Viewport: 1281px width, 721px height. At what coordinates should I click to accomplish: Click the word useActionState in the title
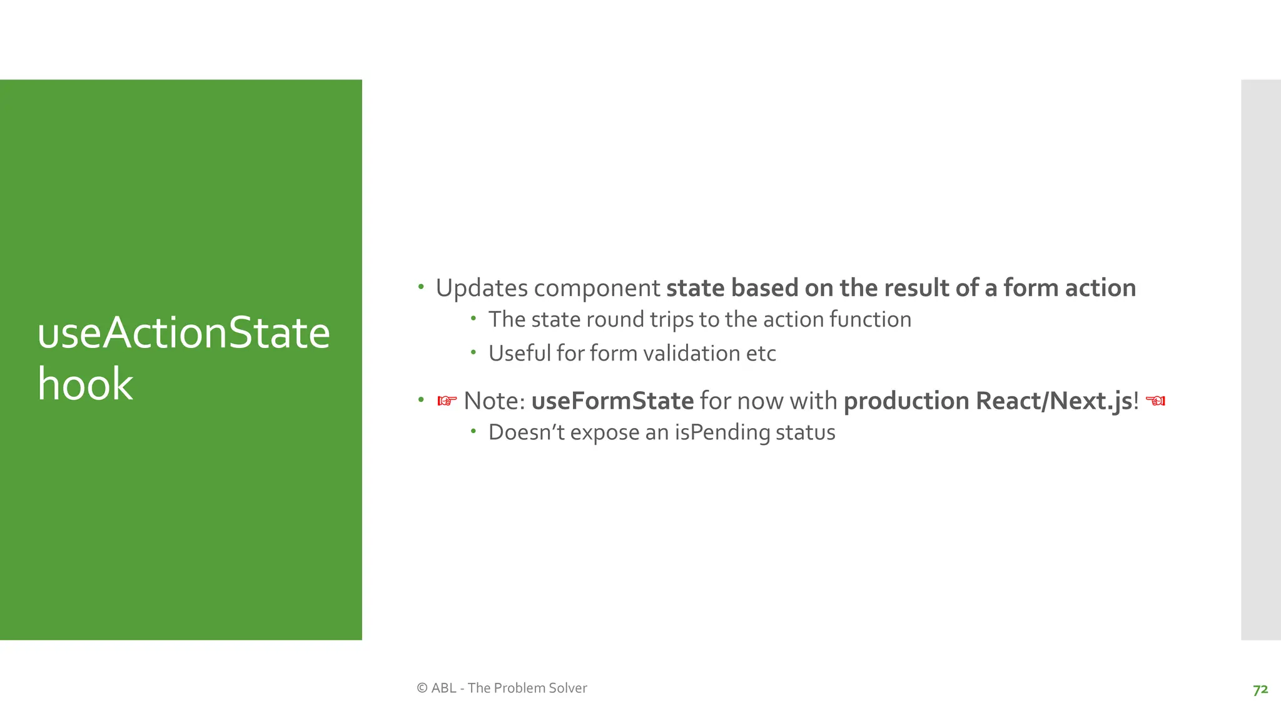pyautogui.click(x=183, y=333)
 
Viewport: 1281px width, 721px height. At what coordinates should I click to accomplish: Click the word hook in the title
pyautogui.click(x=85, y=384)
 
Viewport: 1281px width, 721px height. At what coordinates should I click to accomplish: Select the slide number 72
pyautogui.click(x=1260, y=689)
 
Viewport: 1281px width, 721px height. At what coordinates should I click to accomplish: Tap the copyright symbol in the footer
pyautogui.click(x=422, y=688)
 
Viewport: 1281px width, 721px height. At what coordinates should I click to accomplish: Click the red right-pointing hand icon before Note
pyautogui.click(x=447, y=401)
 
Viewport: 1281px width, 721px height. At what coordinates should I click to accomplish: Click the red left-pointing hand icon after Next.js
pyautogui.click(x=1155, y=401)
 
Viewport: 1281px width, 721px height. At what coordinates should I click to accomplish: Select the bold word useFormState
pyautogui.click(x=612, y=401)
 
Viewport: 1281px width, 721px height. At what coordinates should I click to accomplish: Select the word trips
pyautogui.click(x=672, y=320)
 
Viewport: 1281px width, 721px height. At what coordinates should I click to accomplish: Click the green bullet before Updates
pyautogui.click(x=421, y=287)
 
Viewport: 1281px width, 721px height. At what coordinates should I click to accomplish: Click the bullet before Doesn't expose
pyautogui.click(x=473, y=431)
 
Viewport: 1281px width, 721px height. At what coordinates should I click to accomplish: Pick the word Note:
pyautogui.click(x=494, y=401)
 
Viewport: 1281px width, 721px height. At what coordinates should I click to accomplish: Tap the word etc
pyautogui.click(x=761, y=354)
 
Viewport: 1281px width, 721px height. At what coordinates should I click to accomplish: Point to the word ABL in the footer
pyautogui.click(x=443, y=688)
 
